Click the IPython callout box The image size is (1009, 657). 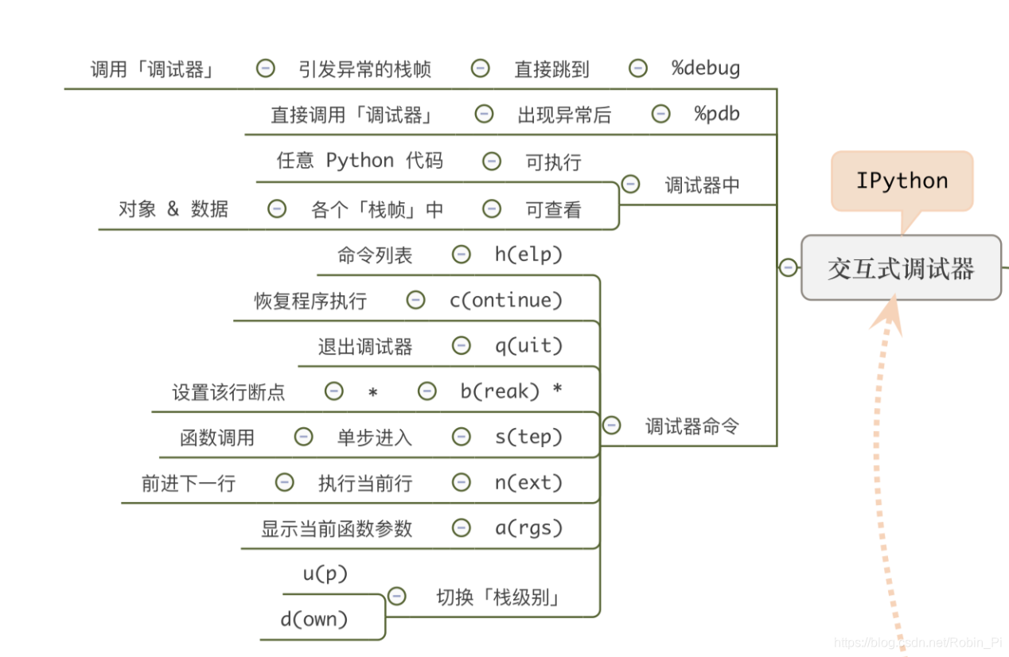click(902, 181)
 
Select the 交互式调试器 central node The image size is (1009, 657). click(901, 268)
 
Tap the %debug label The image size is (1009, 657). click(706, 68)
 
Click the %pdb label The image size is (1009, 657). click(717, 114)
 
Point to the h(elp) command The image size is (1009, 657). click(528, 255)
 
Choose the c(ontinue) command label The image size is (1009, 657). click(506, 300)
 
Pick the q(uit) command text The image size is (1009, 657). click(528, 346)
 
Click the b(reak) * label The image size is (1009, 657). click(511, 391)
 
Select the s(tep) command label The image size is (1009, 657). click(528, 437)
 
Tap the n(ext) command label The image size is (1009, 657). click(528, 483)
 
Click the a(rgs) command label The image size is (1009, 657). click(528, 528)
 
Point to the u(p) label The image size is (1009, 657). click(325, 573)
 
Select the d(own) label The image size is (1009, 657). click(314, 620)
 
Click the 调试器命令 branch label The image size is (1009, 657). click(691, 426)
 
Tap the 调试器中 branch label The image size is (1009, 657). click(702, 185)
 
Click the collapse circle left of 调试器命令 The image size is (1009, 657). click(611, 426)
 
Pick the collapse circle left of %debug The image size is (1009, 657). click(638, 68)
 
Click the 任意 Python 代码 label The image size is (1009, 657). click(360, 161)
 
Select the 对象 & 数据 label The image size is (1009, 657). click(173, 209)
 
